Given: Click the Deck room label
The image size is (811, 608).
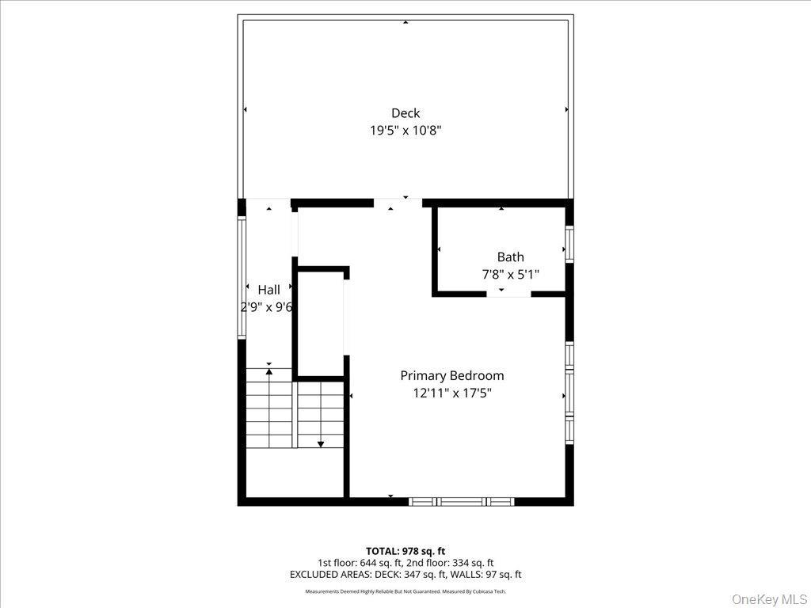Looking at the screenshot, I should tap(405, 113).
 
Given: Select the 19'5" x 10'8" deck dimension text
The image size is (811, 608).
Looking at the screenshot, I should tap(405, 131).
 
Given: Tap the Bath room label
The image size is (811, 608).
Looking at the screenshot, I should tap(510, 256).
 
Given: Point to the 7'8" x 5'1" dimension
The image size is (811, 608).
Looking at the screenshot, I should tap(510, 275).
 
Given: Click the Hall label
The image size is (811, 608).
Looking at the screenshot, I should tap(268, 290).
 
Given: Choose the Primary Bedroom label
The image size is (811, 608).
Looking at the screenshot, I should tap(451, 375).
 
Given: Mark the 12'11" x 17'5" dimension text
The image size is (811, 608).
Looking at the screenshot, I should tap(451, 393).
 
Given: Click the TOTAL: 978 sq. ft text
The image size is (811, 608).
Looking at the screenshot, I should tap(405, 551).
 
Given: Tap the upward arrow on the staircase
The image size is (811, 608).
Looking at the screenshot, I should tap(269, 371).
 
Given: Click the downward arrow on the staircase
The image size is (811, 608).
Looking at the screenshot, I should tap(320, 444).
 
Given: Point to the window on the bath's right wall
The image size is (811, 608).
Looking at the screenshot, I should tap(569, 244).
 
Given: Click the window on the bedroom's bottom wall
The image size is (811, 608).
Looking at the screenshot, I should tap(461, 501).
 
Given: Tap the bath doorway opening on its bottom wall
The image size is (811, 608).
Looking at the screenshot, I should tap(508, 294).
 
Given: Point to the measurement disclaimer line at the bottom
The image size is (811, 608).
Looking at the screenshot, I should tap(405, 591).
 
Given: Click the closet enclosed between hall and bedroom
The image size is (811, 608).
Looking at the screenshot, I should tap(319, 325).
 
